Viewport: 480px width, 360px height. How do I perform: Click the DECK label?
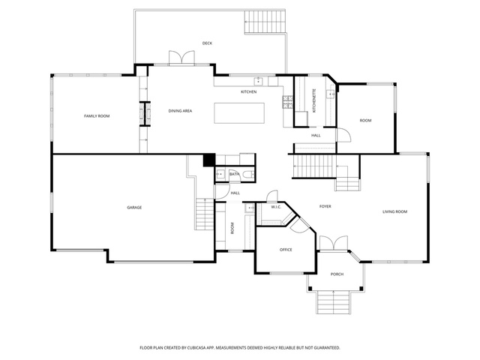(207, 43)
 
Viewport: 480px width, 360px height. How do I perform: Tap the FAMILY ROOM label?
(97, 116)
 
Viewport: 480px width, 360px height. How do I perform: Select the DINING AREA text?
(180, 111)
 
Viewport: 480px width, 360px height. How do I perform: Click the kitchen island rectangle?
(239, 113)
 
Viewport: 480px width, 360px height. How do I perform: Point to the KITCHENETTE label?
(314, 101)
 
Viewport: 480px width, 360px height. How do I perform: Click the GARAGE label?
(134, 208)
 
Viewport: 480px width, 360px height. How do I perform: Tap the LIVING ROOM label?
(395, 211)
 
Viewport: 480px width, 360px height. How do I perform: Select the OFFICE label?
(286, 250)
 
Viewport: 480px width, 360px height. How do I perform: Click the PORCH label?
(337, 274)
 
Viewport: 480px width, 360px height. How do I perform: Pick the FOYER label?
(325, 207)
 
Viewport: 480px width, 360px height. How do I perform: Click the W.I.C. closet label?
(276, 207)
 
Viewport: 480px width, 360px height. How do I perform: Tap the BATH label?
(235, 174)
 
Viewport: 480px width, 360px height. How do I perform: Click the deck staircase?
(265, 22)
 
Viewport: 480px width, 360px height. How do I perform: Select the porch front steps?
(333, 302)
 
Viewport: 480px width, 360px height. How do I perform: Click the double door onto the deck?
(181, 58)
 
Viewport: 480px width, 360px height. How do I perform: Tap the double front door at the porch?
(334, 243)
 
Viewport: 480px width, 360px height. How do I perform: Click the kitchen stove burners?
(287, 102)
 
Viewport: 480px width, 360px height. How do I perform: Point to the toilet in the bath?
(248, 175)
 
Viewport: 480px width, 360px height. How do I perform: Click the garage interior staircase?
(205, 214)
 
